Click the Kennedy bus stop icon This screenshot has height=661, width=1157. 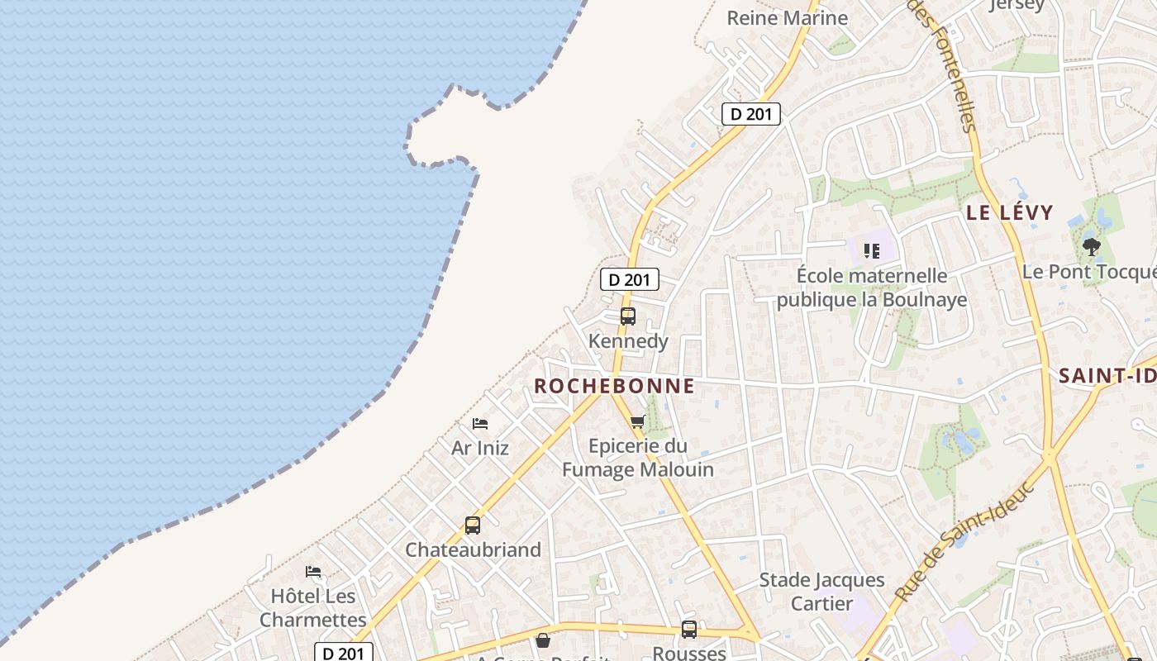(628, 316)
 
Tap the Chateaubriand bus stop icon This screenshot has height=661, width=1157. (473, 525)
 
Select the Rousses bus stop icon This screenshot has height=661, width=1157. (689, 630)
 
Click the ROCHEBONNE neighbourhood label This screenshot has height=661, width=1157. (614, 386)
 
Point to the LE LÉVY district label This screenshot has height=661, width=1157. (1010, 212)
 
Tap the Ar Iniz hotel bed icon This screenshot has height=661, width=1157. (480, 424)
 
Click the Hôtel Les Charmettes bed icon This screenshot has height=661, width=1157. (313, 572)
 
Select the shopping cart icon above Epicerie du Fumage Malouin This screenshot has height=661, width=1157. (637, 422)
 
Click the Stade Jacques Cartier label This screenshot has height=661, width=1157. (821, 592)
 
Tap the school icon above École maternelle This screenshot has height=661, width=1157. (871, 250)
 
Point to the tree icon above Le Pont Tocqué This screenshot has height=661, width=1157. (1092, 246)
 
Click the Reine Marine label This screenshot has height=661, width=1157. (787, 18)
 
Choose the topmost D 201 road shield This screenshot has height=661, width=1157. (751, 114)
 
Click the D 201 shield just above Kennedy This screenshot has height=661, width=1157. (630, 279)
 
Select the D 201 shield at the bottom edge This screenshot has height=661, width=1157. (344, 654)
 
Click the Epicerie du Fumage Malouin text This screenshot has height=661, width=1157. (638, 458)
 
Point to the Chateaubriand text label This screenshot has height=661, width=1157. (473, 549)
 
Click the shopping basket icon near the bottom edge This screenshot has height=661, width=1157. (543, 640)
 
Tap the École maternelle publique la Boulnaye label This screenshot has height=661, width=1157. (872, 287)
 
